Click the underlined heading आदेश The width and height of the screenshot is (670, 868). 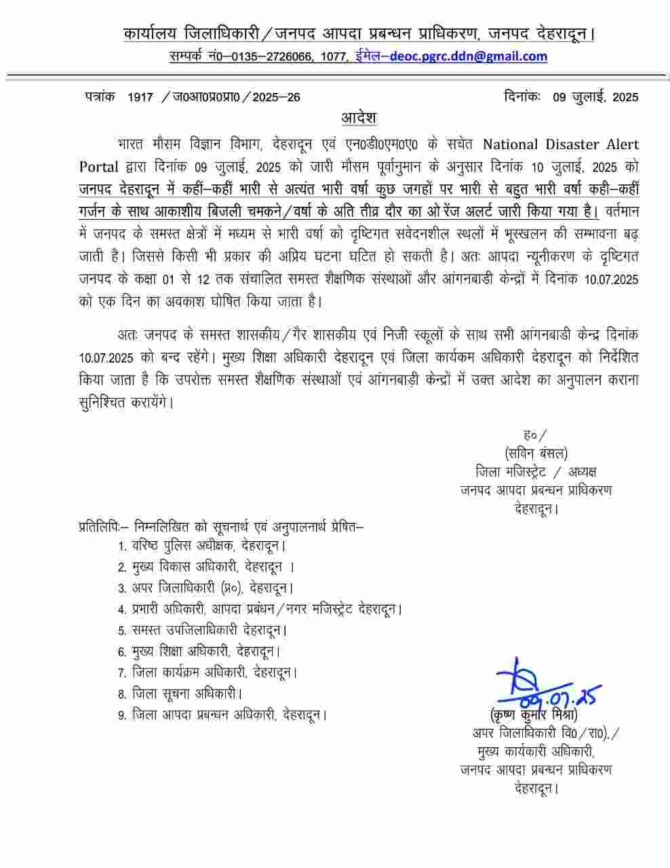[x=359, y=117]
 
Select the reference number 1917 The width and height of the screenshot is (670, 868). [x=140, y=97]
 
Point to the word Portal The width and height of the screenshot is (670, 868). [x=99, y=167]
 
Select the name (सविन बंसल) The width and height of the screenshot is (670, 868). [x=536, y=453]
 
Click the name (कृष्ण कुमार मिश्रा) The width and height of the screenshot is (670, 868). [x=533, y=715]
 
